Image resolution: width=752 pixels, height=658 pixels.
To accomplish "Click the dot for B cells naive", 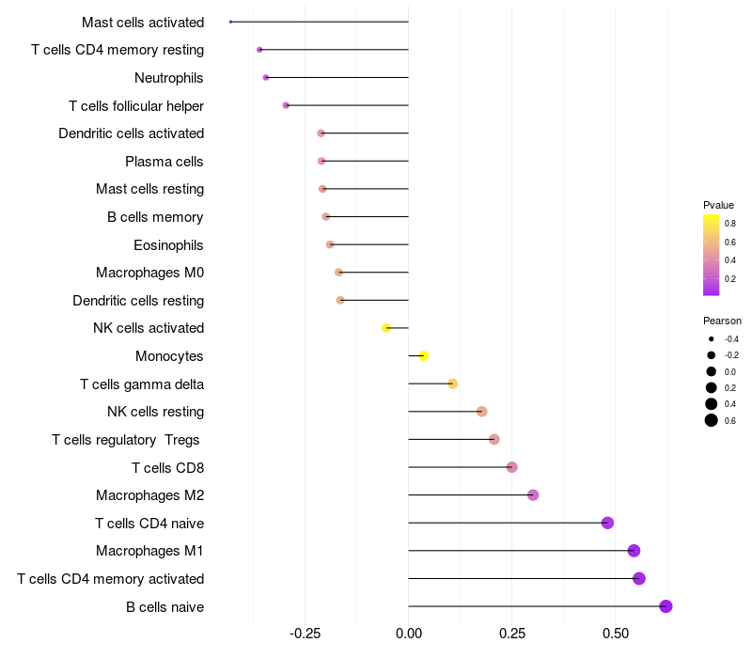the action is pyautogui.click(x=666, y=606).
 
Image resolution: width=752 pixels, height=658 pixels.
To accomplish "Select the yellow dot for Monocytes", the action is pyautogui.click(x=424, y=356).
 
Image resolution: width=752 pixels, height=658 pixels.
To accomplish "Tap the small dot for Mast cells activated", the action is pyautogui.click(x=230, y=22).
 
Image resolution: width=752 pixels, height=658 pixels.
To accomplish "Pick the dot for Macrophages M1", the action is pyautogui.click(x=634, y=551).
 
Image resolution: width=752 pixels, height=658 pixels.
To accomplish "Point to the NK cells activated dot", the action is pyautogui.click(x=386, y=328).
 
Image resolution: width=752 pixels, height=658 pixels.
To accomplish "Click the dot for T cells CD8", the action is pyautogui.click(x=511, y=467).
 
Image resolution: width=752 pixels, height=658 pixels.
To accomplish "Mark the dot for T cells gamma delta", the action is pyautogui.click(x=452, y=384).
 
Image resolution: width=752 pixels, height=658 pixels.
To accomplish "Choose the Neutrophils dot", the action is pyautogui.click(x=266, y=78).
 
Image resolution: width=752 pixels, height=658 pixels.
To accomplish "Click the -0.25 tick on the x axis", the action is pyautogui.click(x=305, y=634).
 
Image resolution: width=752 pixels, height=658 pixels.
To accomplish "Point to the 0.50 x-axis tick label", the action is pyautogui.click(x=616, y=634).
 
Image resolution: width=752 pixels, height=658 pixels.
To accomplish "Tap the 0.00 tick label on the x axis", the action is pyautogui.click(x=409, y=634).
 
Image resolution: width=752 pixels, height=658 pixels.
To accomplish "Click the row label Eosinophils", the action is pyautogui.click(x=168, y=245).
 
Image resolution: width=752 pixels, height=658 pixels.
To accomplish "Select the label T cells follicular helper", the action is pyautogui.click(x=136, y=106).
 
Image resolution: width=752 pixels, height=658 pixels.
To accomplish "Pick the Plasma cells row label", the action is pyautogui.click(x=164, y=162).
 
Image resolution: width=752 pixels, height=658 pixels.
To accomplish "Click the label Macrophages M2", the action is pyautogui.click(x=150, y=495).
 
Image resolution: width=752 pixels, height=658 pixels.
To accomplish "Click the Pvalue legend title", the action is pyautogui.click(x=718, y=205).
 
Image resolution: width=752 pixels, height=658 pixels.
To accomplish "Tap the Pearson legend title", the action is pyautogui.click(x=722, y=321).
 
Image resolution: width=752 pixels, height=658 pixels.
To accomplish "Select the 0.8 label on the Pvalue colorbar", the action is pyautogui.click(x=730, y=224).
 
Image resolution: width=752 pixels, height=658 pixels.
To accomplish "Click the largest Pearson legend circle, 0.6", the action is pyautogui.click(x=712, y=420).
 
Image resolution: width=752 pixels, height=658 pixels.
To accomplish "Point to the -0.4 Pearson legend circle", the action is pyautogui.click(x=712, y=339).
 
